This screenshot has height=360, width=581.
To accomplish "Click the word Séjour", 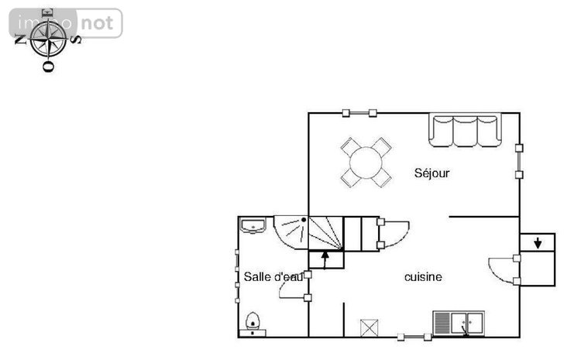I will (431, 173).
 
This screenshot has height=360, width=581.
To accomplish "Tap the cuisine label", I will (423, 276).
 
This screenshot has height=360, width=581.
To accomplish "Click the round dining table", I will (366, 162).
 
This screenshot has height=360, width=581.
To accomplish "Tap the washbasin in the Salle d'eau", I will (253, 225).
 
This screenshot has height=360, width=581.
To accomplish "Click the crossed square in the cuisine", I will (370, 327).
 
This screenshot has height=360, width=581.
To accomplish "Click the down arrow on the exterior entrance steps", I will (538, 243).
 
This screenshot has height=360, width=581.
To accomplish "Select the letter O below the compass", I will (47, 67).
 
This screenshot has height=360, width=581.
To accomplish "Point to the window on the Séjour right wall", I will (519, 160).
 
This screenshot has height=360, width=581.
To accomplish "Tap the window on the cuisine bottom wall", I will (415, 336).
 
